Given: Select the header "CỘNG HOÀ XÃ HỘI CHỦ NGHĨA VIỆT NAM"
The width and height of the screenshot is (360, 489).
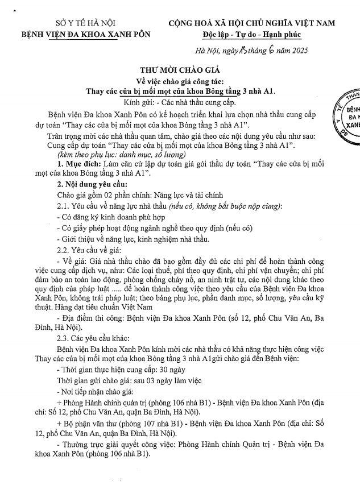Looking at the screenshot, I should pos(251,23).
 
